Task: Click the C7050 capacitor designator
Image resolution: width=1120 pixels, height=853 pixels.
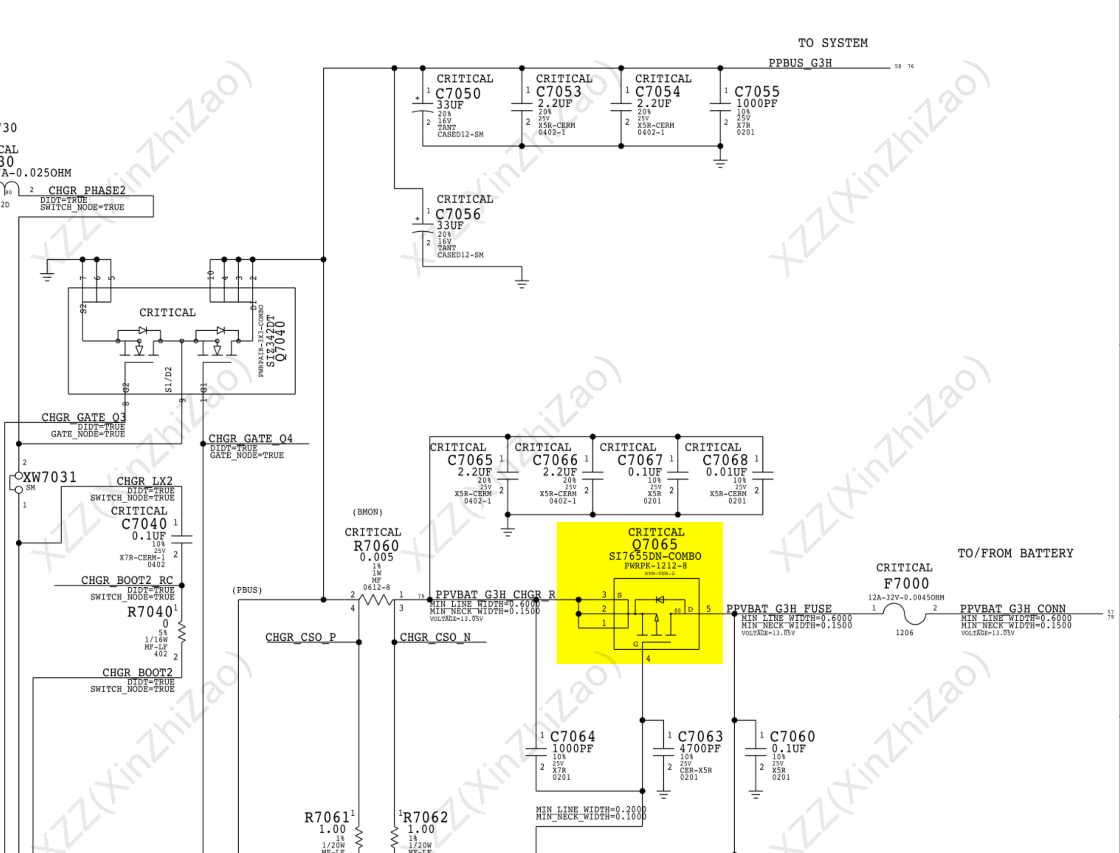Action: (x=458, y=94)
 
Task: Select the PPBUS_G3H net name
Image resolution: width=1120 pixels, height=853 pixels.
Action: (x=800, y=63)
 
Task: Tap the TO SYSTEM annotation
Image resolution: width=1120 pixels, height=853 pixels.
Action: (x=833, y=43)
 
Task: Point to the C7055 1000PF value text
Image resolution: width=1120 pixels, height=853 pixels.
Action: (x=757, y=103)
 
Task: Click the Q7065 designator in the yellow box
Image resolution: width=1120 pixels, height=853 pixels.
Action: (x=654, y=544)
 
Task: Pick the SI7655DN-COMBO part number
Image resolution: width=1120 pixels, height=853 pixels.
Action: (x=654, y=556)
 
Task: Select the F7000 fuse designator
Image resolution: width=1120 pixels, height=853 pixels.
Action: (x=906, y=583)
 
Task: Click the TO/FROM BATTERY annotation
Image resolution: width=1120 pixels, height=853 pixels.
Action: (x=1015, y=553)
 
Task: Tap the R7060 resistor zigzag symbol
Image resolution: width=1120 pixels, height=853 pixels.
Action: (x=376, y=600)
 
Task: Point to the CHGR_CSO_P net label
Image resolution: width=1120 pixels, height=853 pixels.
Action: (x=301, y=637)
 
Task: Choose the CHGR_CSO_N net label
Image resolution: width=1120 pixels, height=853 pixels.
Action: (x=435, y=637)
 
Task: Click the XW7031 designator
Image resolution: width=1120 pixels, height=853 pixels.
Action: (x=50, y=477)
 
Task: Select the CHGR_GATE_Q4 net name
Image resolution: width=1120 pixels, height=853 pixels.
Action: (x=250, y=438)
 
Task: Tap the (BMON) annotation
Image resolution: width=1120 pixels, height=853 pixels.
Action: (x=368, y=512)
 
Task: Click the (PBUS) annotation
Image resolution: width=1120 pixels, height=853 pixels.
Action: (x=247, y=590)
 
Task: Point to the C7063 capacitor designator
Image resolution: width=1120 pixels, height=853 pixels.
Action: (x=700, y=736)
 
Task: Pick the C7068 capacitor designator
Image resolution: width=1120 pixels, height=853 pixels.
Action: (x=725, y=460)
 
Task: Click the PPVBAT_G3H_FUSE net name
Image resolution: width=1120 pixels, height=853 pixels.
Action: (x=778, y=608)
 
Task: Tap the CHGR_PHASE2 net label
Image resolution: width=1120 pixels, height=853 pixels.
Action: (x=87, y=190)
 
